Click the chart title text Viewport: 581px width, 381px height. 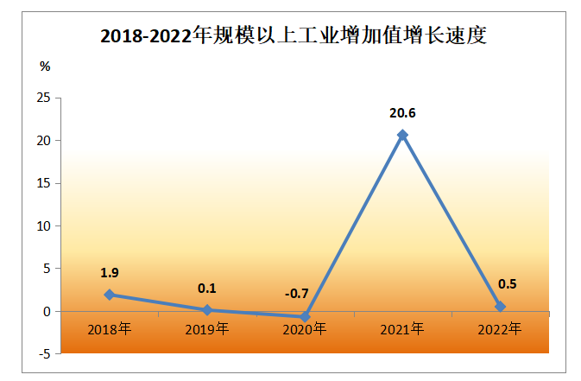(x=294, y=36)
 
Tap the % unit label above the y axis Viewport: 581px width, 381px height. (x=45, y=67)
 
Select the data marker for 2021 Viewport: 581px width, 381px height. (x=402, y=135)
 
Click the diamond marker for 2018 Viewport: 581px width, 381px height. (x=110, y=295)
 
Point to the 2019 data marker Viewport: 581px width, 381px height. (x=207, y=309)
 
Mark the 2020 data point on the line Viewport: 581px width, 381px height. (x=305, y=317)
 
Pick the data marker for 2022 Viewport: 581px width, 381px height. (x=500, y=307)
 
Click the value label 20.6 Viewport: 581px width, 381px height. (x=402, y=112)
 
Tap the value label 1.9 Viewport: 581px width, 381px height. (x=110, y=272)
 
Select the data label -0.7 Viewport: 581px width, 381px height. (x=296, y=294)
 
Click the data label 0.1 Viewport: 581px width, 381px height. (x=207, y=287)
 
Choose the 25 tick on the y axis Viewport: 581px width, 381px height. (x=43, y=98)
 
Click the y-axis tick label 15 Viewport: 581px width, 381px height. (x=43, y=183)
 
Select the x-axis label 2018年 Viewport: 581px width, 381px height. (x=110, y=328)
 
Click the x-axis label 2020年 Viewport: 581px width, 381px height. (x=305, y=328)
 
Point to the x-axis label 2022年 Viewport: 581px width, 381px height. (x=500, y=328)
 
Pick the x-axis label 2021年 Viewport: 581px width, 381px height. (x=402, y=328)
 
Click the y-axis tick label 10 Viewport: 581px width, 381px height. (x=43, y=225)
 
